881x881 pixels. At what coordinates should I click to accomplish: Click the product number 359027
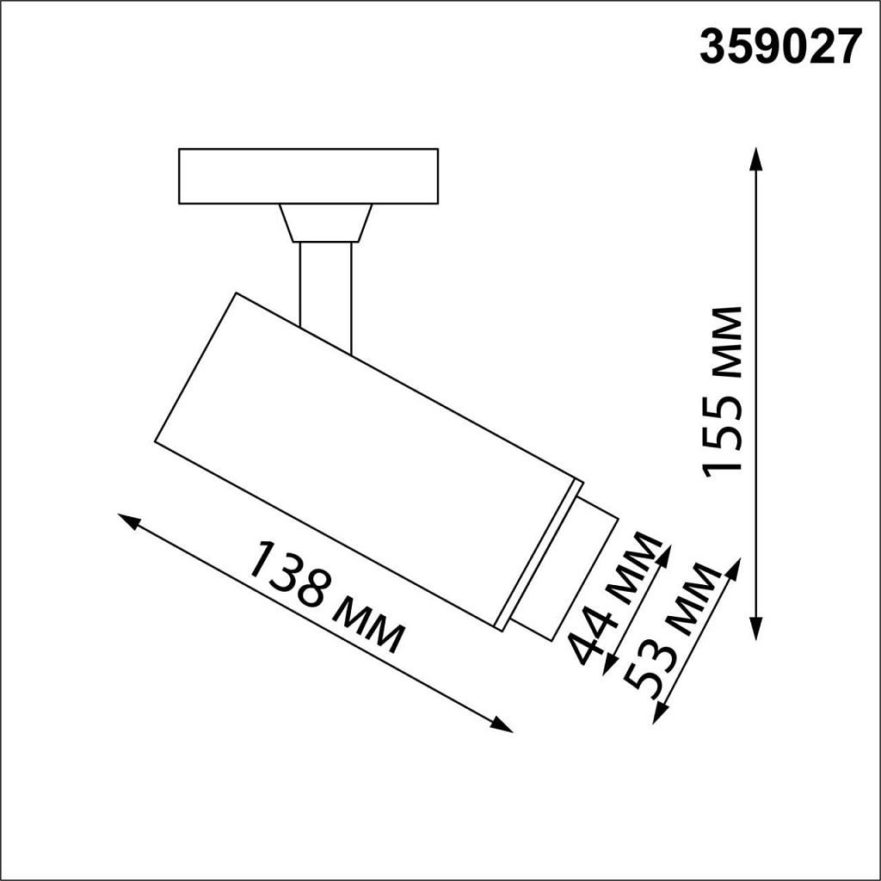click(x=779, y=48)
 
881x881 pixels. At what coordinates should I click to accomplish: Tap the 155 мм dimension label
click(x=723, y=390)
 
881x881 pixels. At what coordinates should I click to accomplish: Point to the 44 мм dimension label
click(x=616, y=599)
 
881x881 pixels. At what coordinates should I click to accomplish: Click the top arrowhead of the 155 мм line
click(x=755, y=158)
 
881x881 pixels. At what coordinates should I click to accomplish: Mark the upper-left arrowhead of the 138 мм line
click(x=129, y=521)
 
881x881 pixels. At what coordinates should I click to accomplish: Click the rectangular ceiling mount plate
click(x=308, y=176)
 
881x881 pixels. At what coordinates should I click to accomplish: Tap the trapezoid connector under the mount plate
click(x=325, y=223)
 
